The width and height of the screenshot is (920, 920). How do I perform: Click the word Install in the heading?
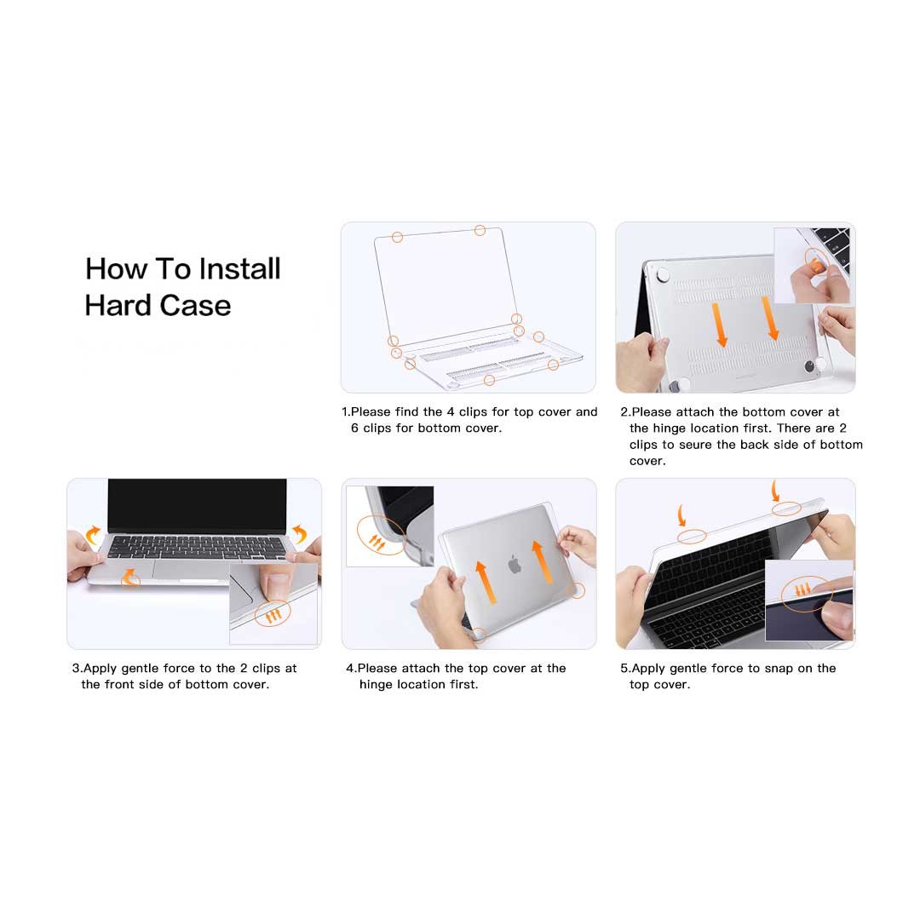(239, 269)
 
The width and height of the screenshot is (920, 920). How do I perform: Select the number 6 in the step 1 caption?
(354, 428)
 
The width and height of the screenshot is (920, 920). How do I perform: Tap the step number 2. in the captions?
(624, 412)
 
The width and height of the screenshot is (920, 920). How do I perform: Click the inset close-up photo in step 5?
(808, 600)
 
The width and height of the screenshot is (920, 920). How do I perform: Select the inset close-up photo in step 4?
(389, 526)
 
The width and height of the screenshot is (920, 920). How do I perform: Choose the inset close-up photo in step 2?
(812, 265)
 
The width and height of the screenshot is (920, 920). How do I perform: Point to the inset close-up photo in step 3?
(273, 603)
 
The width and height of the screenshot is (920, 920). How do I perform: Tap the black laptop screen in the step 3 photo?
(197, 504)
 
